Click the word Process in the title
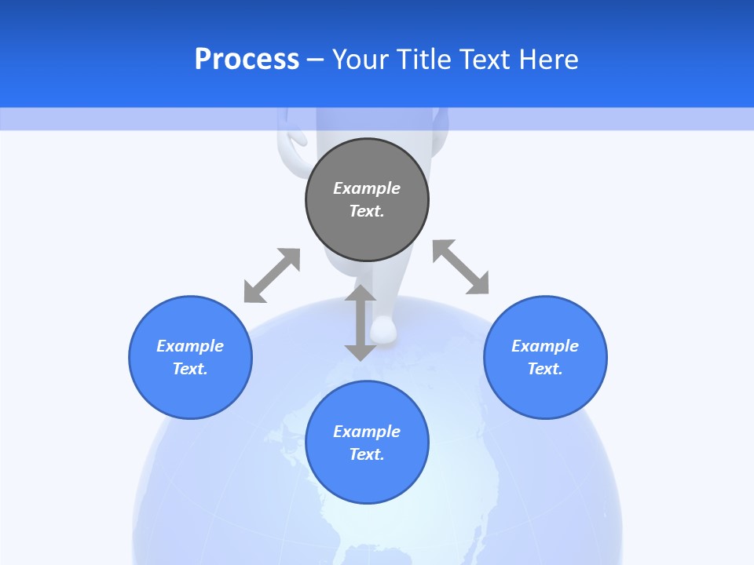tap(247, 60)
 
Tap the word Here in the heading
tap(548, 60)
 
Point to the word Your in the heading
tap(360, 60)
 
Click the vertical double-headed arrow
tap(361, 323)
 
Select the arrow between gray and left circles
tap(272, 275)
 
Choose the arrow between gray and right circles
tap(461, 267)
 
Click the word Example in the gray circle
tap(367, 188)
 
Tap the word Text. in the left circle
tap(190, 369)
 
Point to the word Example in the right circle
tap(545, 346)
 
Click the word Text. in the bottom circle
tap(367, 454)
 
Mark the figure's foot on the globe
tap(384, 330)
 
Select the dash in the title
tap(315, 60)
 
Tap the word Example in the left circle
tap(190, 346)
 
